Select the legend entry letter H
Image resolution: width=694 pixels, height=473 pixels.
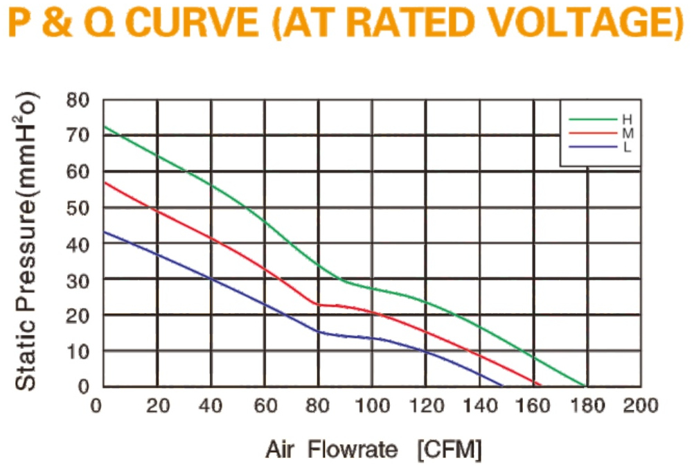tap(628, 120)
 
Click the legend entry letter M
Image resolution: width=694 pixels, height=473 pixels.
tap(628, 133)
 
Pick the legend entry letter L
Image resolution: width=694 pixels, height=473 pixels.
tap(627, 147)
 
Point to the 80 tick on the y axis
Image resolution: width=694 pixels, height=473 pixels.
tap(78, 100)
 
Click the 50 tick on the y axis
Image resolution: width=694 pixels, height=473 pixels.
tap(78, 208)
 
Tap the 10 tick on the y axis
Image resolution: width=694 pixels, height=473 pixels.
tap(78, 352)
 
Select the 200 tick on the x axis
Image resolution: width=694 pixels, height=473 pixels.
tap(641, 405)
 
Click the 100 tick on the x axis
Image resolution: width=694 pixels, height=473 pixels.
tap(373, 405)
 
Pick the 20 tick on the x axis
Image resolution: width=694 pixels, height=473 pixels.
tap(158, 405)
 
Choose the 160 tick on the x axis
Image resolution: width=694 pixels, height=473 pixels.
tap(533, 405)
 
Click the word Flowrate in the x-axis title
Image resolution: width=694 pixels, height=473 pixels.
tap(353, 450)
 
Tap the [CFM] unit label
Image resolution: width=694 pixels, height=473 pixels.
tap(450, 450)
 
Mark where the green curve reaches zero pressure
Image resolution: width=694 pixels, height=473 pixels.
tap(585, 386)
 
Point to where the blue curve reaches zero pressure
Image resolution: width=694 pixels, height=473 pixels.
tap(503, 386)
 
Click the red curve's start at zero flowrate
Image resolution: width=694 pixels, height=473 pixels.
tap(105, 182)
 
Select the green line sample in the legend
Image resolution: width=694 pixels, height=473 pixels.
tap(593, 120)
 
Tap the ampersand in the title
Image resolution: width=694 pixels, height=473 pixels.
tap(58, 23)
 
